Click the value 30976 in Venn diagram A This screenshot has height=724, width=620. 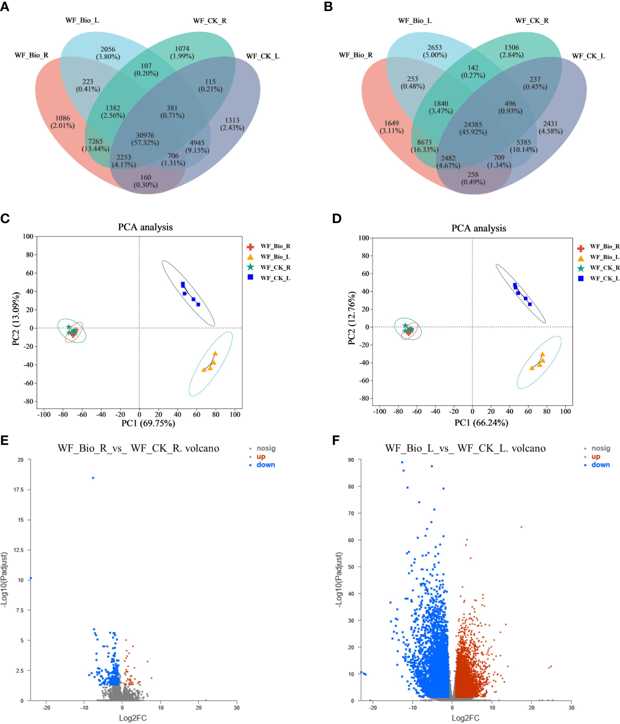[x=145, y=135]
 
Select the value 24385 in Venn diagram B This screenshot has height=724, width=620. [x=473, y=125]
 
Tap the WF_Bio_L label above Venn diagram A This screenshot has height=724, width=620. [x=82, y=21]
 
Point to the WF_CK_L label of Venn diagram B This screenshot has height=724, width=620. [x=588, y=56]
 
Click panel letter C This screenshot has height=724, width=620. [x=5, y=219]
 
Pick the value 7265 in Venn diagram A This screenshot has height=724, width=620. [x=95, y=142]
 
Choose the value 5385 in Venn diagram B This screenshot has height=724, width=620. [x=524, y=142]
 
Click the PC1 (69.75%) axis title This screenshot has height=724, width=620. [x=148, y=423]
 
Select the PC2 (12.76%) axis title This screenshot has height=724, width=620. [x=352, y=318]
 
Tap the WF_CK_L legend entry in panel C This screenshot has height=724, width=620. [x=275, y=278]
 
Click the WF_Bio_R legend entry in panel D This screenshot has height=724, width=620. [x=604, y=246]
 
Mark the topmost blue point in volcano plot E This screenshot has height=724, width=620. [x=93, y=478]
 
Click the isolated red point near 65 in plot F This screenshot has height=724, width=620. [x=521, y=527]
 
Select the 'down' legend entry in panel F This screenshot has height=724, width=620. [x=600, y=465]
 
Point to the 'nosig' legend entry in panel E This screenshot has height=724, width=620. [x=266, y=448]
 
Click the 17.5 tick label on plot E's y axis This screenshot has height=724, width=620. [x=19, y=490]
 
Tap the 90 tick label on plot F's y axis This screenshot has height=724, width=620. [x=351, y=460]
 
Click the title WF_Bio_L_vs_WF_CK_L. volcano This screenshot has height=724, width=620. [x=465, y=448]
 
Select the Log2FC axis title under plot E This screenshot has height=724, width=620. [x=133, y=718]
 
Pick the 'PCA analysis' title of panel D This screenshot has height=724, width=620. [x=478, y=229]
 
